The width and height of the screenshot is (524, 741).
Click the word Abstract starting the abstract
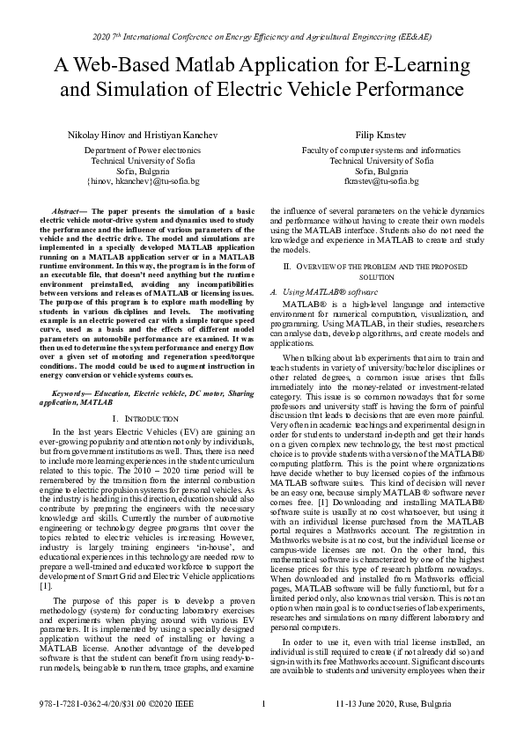68,213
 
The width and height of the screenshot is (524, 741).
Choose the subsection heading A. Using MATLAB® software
322,291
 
